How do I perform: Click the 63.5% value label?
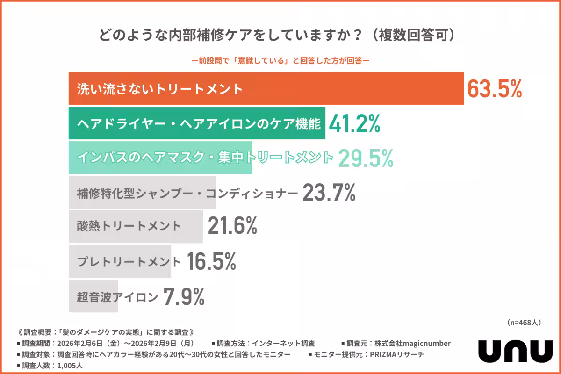495,89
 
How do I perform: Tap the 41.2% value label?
354,123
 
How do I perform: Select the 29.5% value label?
365,158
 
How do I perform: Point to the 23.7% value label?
329,192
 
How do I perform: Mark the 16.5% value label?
211,261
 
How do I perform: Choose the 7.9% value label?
184,296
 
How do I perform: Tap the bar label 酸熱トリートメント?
129,227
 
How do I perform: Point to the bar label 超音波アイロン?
117,296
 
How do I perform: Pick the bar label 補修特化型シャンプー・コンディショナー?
187,193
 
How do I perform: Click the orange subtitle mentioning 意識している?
281,60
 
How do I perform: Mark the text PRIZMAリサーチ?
396,354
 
